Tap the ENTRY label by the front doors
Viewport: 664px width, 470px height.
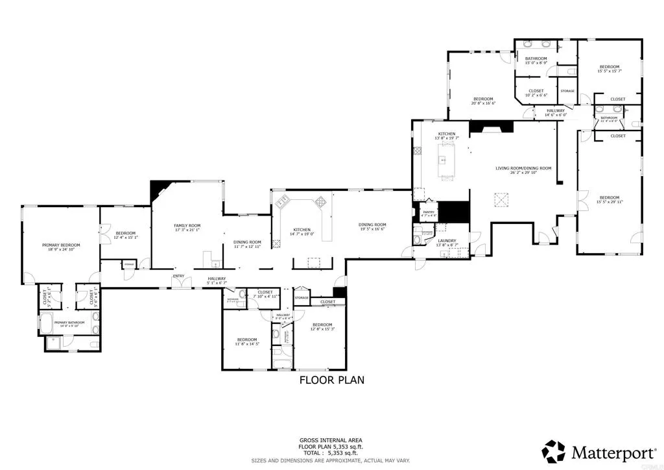click(178, 277)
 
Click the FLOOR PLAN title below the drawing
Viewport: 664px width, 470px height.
click(331, 380)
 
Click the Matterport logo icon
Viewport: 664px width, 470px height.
click(554, 451)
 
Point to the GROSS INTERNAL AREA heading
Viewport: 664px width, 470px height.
click(331, 439)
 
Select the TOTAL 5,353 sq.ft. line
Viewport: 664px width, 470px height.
click(331, 454)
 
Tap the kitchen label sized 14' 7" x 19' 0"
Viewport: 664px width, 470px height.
click(302, 232)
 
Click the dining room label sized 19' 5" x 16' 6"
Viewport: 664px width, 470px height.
click(372, 227)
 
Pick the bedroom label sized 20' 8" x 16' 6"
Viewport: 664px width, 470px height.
click(483, 101)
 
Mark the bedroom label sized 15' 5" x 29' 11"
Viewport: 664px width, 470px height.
click(609, 199)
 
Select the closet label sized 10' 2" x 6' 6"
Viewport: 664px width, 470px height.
click(536, 93)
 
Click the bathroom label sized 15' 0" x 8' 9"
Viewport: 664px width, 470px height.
click(536, 60)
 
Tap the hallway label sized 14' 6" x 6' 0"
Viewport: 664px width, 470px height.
click(556, 112)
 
